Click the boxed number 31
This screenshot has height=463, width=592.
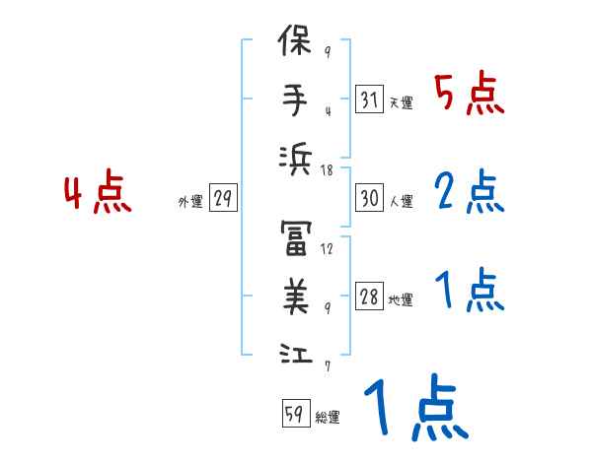370,99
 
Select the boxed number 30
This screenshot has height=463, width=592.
370,198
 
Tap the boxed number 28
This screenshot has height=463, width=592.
370,297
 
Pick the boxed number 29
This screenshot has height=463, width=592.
223,198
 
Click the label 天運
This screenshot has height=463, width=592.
401,103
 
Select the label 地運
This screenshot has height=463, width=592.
401,300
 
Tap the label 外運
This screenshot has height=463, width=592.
190,202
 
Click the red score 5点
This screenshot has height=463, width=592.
469,95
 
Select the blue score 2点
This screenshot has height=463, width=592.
469,192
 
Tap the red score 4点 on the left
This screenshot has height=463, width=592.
99,193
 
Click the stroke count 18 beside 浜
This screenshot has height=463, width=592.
327,170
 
